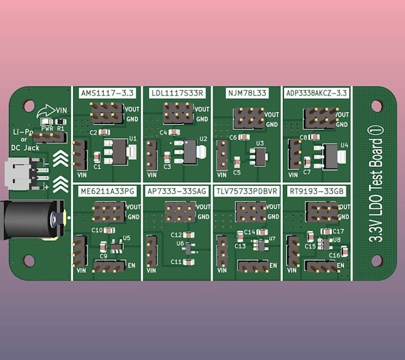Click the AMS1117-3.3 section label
pyautogui.click(x=107, y=93)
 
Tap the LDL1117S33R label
pyautogui.click(x=176, y=93)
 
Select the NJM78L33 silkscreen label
pyautogui.click(x=247, y=93)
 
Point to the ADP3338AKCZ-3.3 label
pyautogui.click(x=316, y=93)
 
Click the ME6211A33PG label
pyautogui.click(x=107, y=191)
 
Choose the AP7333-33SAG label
pyautogui.click(x=176, y=191)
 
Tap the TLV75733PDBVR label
pyautogui.click(x=247, y=191)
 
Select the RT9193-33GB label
pyautogui.click(x=316, y=191)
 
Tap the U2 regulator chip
pyautogui.click(x=190, y=152)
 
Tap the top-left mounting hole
pyautogui.click(x=29, y=105)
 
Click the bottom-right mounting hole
pyautogui.click(x=376, y=260)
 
